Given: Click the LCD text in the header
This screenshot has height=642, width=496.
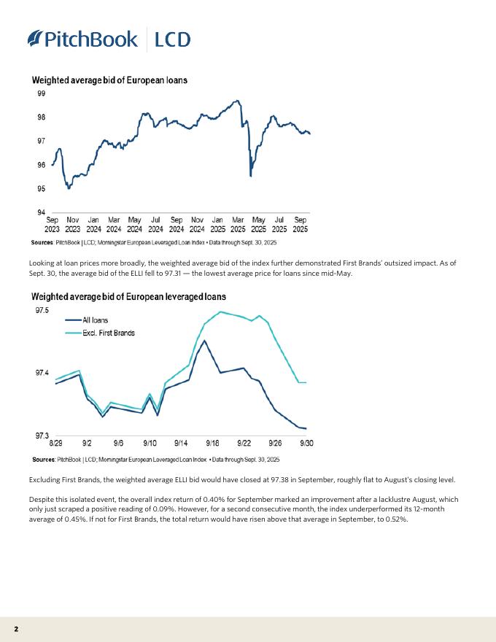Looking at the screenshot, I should [173, 39].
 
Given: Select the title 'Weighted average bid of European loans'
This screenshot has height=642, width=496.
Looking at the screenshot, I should [109, 80].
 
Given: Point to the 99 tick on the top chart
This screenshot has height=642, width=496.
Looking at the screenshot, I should [41, 93].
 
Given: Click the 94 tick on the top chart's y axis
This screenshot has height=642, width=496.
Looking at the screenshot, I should [41, 212].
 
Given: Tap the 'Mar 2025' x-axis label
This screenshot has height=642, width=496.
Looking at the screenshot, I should [238, 224].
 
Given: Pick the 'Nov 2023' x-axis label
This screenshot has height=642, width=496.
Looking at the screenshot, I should [73, 224].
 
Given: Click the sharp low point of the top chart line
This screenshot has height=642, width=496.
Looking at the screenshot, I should [251, 176].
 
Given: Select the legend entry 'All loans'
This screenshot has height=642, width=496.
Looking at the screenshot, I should [96, 320].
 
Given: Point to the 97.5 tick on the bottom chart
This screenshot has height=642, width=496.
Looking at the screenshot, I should [42, 311].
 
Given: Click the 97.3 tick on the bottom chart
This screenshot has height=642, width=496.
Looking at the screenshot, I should [42, 436].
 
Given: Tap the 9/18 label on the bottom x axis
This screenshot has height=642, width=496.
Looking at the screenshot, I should [213, 443].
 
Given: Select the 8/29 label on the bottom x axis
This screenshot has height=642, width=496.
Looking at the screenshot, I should [56, 443].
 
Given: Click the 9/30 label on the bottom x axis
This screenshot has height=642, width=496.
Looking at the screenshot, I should [306, 443].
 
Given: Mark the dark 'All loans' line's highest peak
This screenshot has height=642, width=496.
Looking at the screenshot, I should [204, 341].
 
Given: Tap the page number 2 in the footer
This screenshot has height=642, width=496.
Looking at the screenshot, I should [15, 628].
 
